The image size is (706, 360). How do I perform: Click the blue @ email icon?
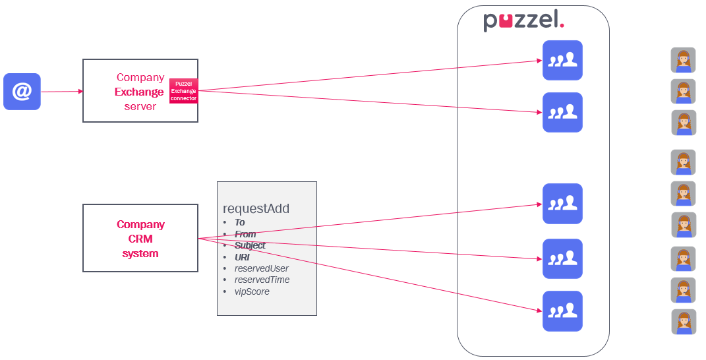pyautogui.click(x=22, y=92)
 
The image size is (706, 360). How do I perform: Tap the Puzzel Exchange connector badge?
pyautogui.click(x=183, y=91)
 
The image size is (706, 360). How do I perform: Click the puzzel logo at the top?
pyautogui.click(x=523, y=20)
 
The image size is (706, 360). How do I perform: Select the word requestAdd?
pyautogui.click(x=256, y=209)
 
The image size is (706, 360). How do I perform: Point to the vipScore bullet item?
pyautogui.click(x=252, y=291)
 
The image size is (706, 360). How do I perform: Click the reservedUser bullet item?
pyautogui.click(x=261, y=268)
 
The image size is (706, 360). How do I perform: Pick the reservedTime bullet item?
pyautogui.click(x=262, y=280)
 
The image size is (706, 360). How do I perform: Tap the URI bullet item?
pyautogui.click(x=242, y=257)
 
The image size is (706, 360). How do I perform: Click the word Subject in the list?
pyautogui.click(x=250, y=245)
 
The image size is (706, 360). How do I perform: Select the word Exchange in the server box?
pyautogui.click(x=139, y=92)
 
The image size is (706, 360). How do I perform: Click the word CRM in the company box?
pyautogui.click(x=140, y=239)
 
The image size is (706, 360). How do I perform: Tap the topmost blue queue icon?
pyautogui.click(x=562, y=60)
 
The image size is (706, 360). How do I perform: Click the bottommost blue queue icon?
pyautogui.click(x=562, y=311)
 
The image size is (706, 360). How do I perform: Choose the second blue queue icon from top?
pyautogui.click(x=562, y=112)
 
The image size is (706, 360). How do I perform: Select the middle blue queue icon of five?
pyautogui.click(x=562, y=203)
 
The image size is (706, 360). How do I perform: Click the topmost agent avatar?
pyautogui.click(x=683, y=60)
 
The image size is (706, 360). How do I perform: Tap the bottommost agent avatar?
pyautogui.click(x=684, y=322)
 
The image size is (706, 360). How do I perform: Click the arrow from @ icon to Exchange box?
pyautogui.click(x=61, y=92)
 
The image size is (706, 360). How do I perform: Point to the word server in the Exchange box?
pyautogui.click(x=140, y=106)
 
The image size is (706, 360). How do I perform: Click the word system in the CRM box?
pyautogui.click(x=140, y=253)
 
